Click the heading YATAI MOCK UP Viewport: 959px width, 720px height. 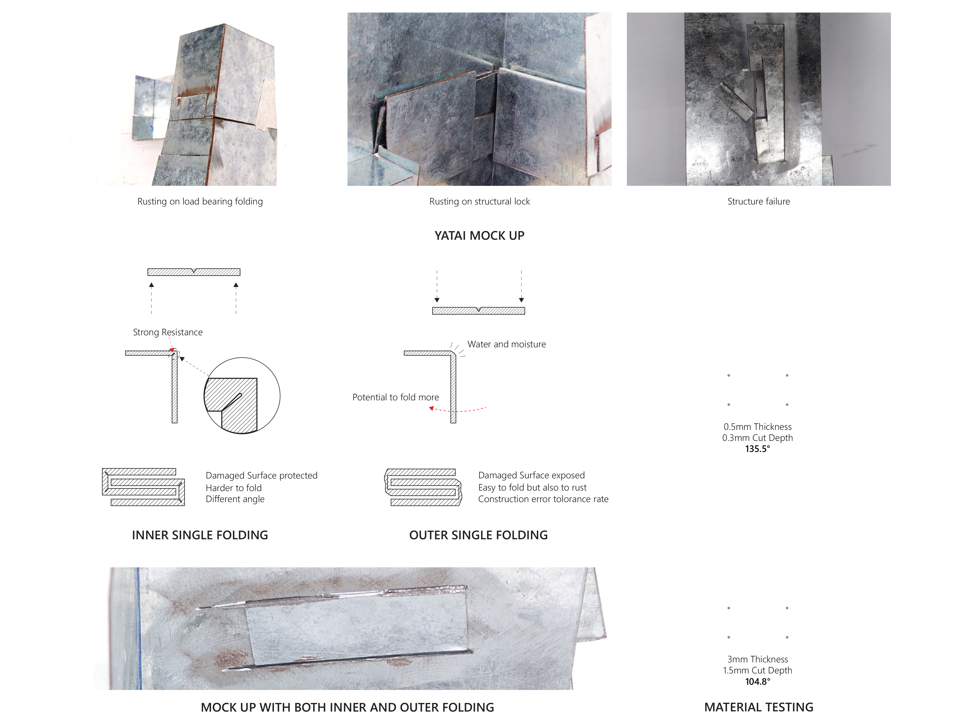tap(479, 236)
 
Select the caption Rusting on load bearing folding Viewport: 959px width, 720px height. tap(200, 201)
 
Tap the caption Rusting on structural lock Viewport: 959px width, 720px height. tap(479, 201)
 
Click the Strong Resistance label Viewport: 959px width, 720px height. tap(168, 332)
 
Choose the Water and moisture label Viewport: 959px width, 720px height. tap(506, 344)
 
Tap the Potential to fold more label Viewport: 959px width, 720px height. tap(395, 397)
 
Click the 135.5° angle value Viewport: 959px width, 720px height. tap(757, 449)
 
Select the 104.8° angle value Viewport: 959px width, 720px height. tap(757, 681)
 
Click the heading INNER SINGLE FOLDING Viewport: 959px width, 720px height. tap(200, 535)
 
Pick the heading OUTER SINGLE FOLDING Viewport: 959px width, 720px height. tap(478, 535)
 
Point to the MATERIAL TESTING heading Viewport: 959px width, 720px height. tap(759, 708)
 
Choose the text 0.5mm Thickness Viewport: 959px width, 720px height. tap(757, 427)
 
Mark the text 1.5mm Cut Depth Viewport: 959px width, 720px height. tap(757, 671)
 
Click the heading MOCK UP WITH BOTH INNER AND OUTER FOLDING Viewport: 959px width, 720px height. tap(347, 708)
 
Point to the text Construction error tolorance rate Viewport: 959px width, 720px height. tap(543, 499)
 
